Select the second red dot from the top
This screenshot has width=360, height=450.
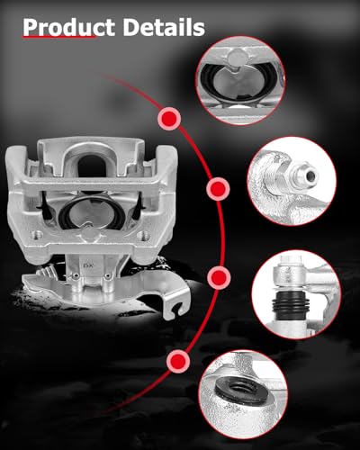coord(217,189)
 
